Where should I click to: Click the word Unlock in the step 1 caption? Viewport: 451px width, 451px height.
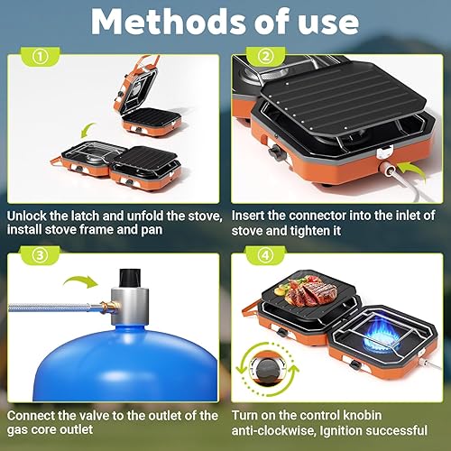click(31, 216)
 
